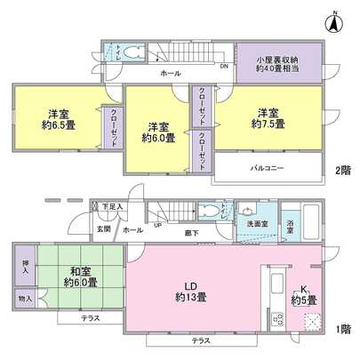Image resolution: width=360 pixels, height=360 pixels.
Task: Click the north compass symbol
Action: (334, 22)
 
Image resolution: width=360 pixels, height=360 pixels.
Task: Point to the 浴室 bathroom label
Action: (292, 224)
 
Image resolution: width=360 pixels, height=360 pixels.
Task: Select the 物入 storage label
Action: (25, 300)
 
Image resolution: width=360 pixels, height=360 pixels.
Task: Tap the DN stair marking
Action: (223, 67)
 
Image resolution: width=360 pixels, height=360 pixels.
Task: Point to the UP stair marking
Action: (158, 224)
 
